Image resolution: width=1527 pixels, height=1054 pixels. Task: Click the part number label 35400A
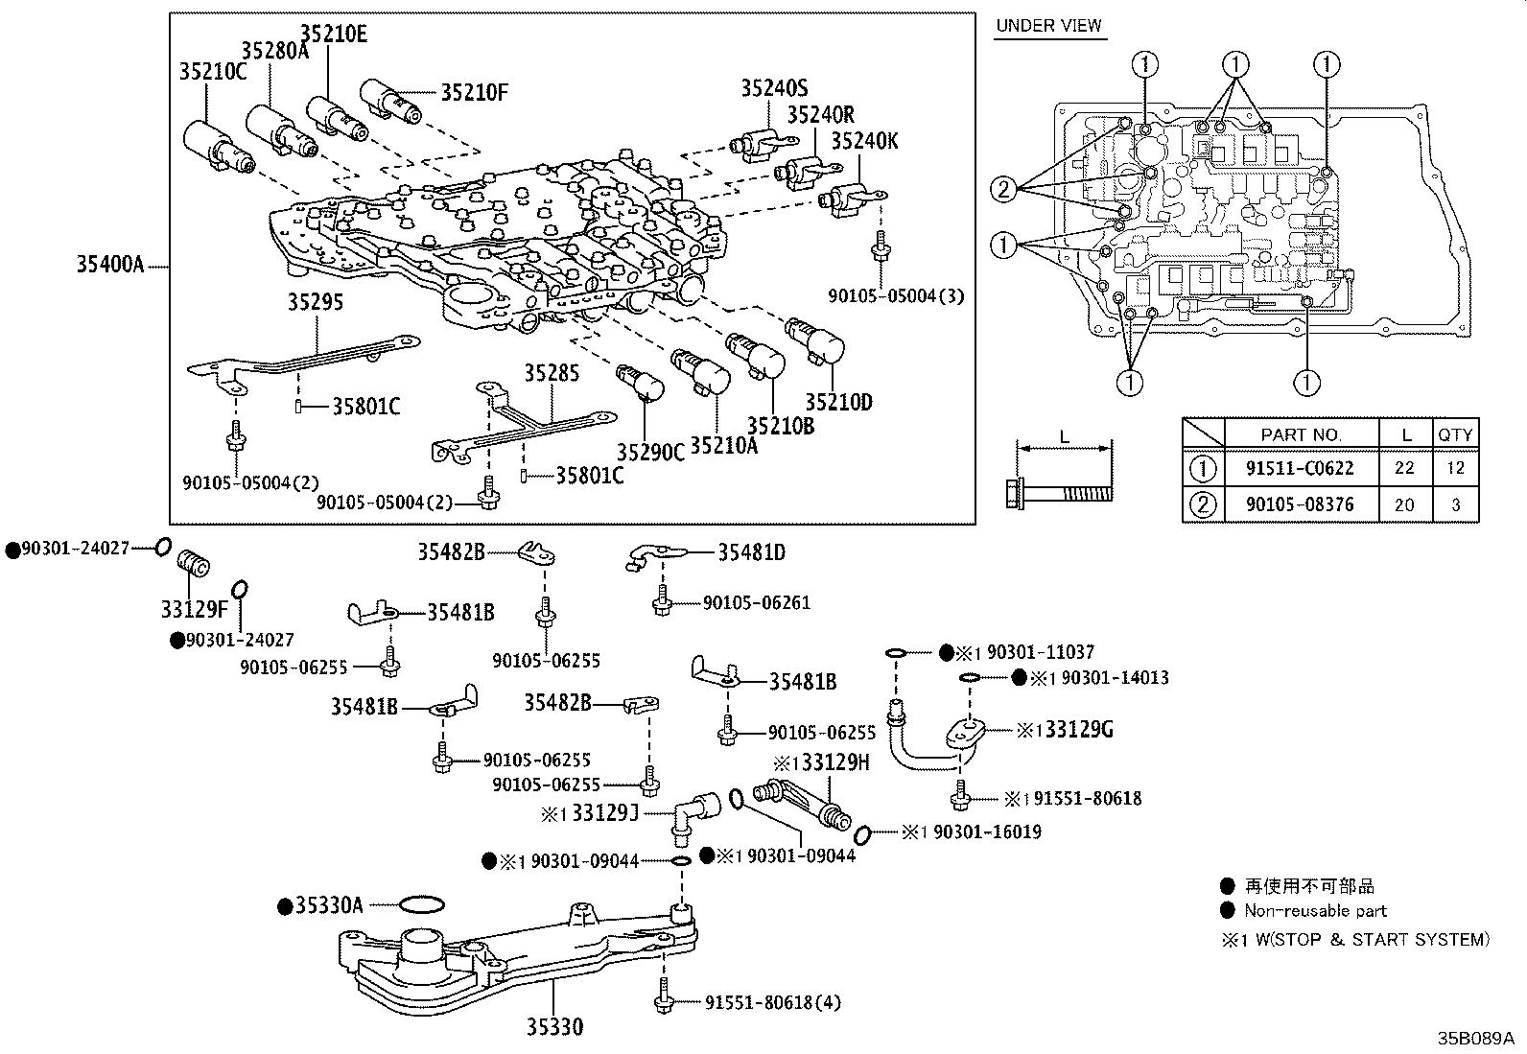[x=109, y=264]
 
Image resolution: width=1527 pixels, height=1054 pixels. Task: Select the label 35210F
[x=474, y=93]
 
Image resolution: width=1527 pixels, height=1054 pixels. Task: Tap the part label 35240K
[x=864, y=141]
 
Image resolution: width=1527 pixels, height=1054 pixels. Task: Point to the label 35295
[x=315, y=302]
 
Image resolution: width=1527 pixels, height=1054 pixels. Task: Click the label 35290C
[x=650, y=452]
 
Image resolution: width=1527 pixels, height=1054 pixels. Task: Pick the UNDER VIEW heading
[x=1048, y=26]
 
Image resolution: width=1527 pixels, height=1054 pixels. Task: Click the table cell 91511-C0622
[x=1300, y=468]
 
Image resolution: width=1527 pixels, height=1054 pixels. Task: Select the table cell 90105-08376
[x=1300, y=504]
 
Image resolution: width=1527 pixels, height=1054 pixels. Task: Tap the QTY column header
[x=1454, y=434]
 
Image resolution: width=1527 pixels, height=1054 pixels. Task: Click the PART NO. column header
[x=1301, y=434]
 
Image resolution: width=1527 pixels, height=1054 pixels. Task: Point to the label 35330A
[x=328, y=905]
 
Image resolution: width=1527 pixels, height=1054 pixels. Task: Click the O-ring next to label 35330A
[x=420, y=904]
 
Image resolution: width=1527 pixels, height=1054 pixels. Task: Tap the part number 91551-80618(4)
[x=772, y=1003]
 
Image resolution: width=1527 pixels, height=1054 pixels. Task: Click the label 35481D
[x=751, y=552]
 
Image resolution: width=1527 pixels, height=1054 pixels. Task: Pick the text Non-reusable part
[x=1315, y=911]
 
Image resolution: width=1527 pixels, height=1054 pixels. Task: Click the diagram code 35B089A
[x=1474, y=1038]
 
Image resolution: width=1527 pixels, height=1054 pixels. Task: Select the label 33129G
[x=1078, y=730]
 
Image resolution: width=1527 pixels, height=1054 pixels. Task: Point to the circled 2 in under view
[x=1003, y=189]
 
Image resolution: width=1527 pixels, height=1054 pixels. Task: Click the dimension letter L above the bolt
[x=1064, y=437]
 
